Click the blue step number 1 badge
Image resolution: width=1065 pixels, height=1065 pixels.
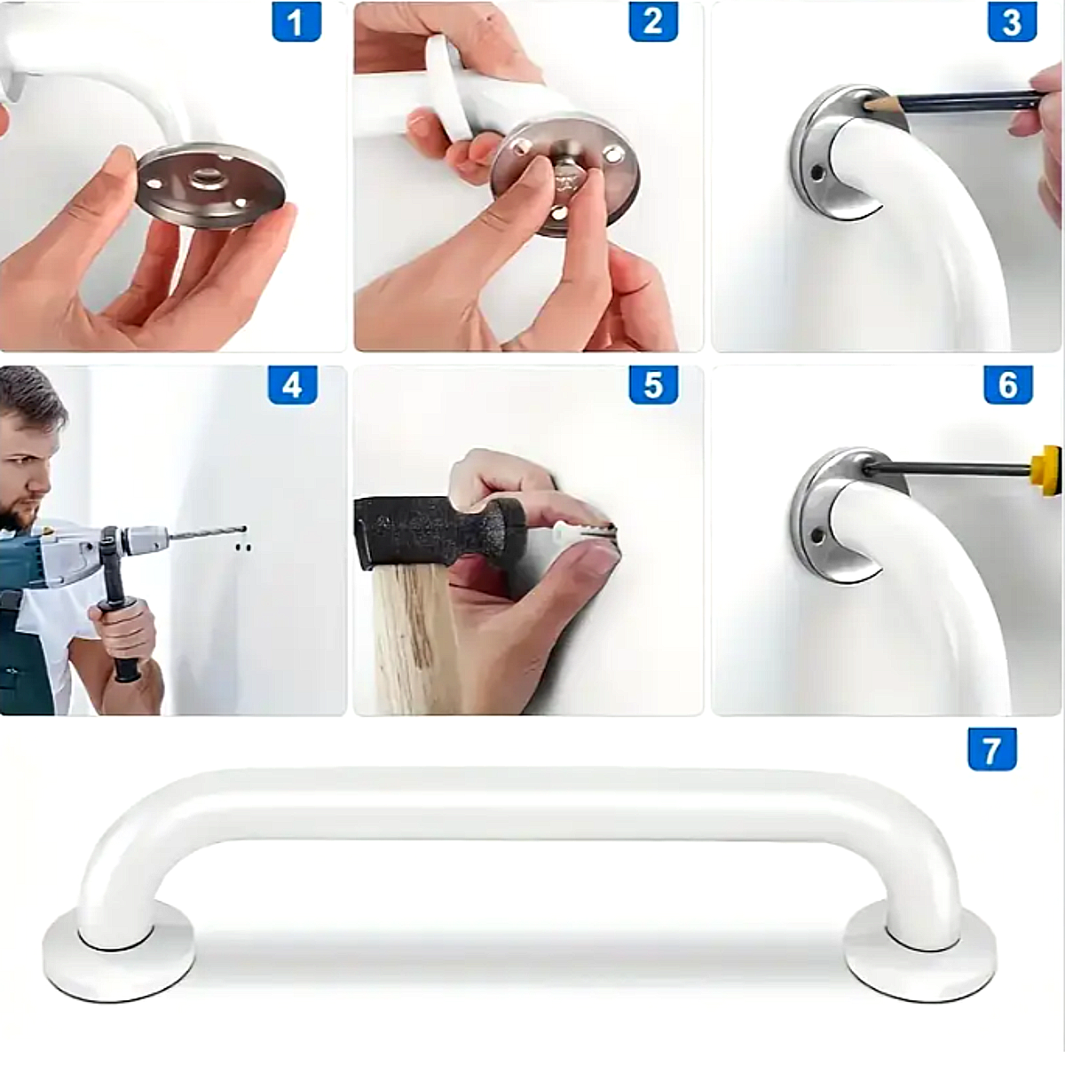point(296,21)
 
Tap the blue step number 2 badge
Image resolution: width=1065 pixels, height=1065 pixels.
point(653,21)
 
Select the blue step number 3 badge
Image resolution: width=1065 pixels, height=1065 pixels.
point(1012,21)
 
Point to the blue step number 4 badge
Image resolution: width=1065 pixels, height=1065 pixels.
point(293,384)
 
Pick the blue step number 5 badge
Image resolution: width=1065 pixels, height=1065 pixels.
point(653,384)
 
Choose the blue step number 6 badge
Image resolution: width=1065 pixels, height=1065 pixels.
point(1008,384)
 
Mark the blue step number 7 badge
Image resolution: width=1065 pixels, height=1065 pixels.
point(992,750)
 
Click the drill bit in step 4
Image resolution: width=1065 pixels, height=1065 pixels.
point(207,532)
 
